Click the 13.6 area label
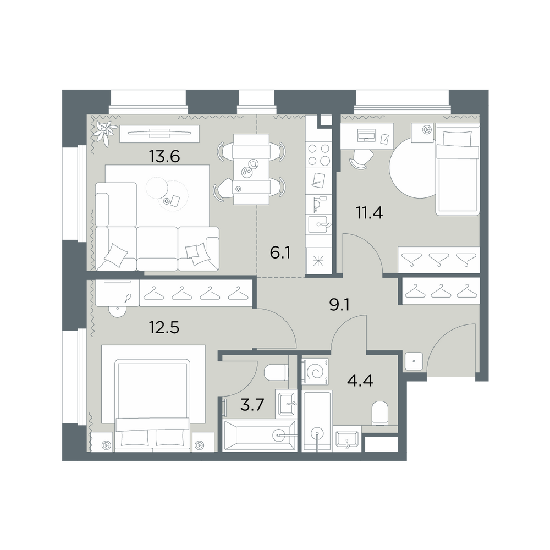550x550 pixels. [164, 156]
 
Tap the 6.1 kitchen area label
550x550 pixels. [280, 252]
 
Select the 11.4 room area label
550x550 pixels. [370, 213]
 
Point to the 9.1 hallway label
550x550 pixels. [339, 305]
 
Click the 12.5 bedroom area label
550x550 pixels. [164, 328]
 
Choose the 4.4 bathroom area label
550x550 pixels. [360, 380]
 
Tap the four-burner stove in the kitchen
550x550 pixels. [318, 155]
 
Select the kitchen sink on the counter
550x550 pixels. [318, 224]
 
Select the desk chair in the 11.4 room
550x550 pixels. [361, 160]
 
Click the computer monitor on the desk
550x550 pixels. [366, 135]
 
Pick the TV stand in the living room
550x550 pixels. [159, 134]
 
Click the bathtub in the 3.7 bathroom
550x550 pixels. [260, 436]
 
